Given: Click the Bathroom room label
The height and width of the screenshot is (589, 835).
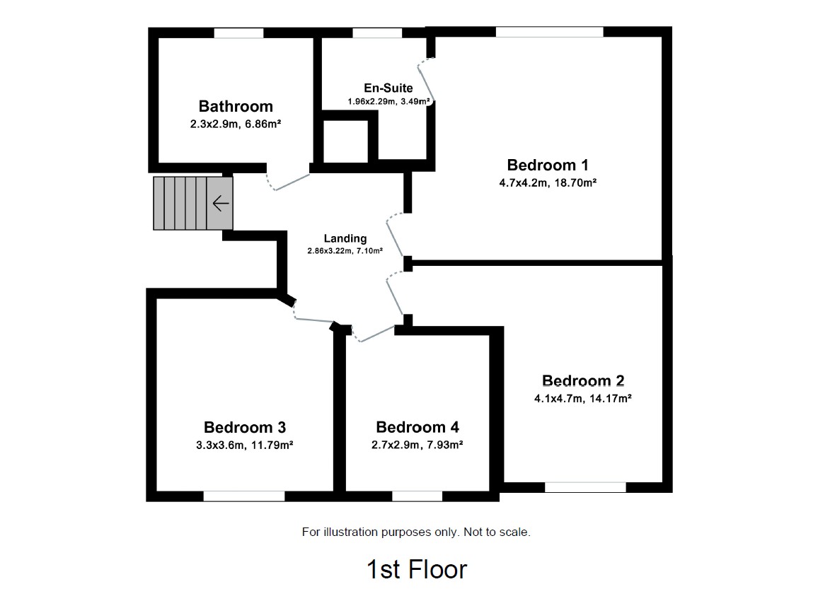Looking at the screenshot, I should [236, 107].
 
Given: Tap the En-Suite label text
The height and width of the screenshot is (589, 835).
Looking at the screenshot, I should [388, 88].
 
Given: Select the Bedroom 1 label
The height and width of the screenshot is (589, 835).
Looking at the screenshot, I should [548, 165].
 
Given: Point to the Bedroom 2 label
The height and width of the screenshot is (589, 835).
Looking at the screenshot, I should [582, 381].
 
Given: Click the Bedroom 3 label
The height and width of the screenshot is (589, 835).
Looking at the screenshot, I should [245, 427].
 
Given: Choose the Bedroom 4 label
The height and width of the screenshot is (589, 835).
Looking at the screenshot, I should [417, 427].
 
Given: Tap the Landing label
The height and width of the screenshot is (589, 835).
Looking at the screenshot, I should [345, 238].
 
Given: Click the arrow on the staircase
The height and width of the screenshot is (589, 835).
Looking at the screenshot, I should [221, 204].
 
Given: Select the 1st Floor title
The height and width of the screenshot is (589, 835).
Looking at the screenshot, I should [417, 568].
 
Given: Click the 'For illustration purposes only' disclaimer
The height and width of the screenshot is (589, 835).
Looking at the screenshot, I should [416, 532].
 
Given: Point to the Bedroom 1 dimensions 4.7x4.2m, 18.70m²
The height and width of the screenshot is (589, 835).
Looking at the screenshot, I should [548, 182].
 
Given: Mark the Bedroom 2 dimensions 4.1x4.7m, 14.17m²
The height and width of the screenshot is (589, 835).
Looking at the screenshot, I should [582, 398].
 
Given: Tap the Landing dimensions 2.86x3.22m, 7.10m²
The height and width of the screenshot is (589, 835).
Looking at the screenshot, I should [345, 250].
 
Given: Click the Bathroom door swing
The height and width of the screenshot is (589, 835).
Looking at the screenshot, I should [288, 182].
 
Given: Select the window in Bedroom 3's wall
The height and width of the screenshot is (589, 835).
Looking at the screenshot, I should [244, 496].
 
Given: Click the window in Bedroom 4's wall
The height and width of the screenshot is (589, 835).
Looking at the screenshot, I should [417, 496].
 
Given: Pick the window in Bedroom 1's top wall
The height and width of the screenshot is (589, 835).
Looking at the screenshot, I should [549, 32].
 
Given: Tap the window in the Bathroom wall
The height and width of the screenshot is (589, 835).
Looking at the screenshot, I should [238, 33].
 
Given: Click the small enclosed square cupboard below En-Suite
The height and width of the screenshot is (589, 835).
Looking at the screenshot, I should [346, 141].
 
